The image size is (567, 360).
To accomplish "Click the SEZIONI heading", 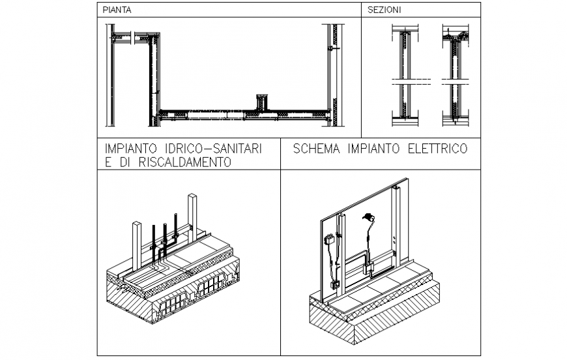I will tap(384, 10).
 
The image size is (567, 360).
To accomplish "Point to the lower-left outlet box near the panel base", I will tap(334, 284).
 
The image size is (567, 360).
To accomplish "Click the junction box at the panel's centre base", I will tap(368, 267).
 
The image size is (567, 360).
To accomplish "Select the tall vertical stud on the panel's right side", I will tap(395, 228).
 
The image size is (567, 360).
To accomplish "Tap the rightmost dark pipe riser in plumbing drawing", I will tap(176, 228).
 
